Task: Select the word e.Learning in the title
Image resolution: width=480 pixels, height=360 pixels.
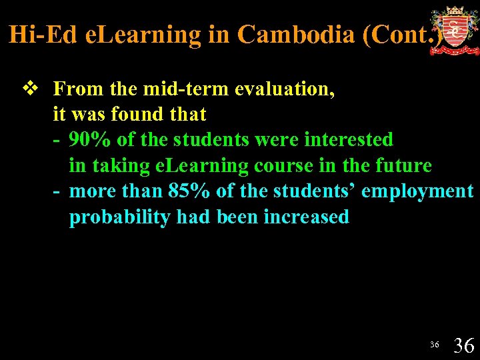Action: coord(143,34)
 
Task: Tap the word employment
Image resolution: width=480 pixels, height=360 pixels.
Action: coord(417,191)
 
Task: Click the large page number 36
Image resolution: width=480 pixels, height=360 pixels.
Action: coord(464,345)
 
